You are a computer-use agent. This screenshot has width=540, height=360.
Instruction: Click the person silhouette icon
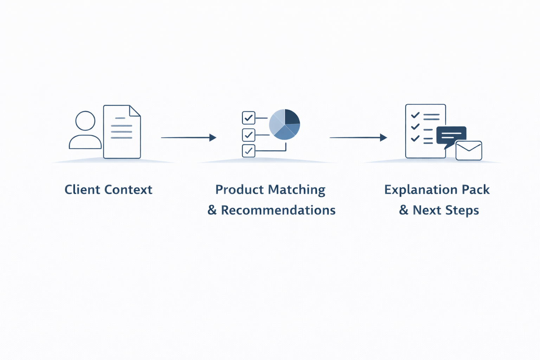click(85, 131)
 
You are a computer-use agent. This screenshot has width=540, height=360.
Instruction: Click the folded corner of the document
click(135, 110)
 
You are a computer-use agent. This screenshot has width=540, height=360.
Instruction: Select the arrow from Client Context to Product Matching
click(188, 137)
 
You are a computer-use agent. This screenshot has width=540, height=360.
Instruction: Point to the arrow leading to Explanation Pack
click(358, 137)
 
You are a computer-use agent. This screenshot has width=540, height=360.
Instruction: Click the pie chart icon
click(284, 124)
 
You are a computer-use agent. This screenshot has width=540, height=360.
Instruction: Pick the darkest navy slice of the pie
click(291, 117)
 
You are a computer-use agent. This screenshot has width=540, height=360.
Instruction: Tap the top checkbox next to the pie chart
click(249, 118)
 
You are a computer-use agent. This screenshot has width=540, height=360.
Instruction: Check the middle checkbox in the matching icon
click(249, 135)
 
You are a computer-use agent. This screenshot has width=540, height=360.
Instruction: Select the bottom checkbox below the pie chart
click(249, 151)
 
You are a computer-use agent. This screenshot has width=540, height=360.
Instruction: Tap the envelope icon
click(469, 150)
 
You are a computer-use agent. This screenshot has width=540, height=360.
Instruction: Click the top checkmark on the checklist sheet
click(415, 115)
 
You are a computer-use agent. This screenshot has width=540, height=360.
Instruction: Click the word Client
click(83, 190)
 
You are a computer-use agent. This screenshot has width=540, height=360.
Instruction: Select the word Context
click(128, 190)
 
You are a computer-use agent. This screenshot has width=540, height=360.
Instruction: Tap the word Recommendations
click(278, 210)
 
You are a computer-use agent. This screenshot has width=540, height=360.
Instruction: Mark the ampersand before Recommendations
click(212, 210)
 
